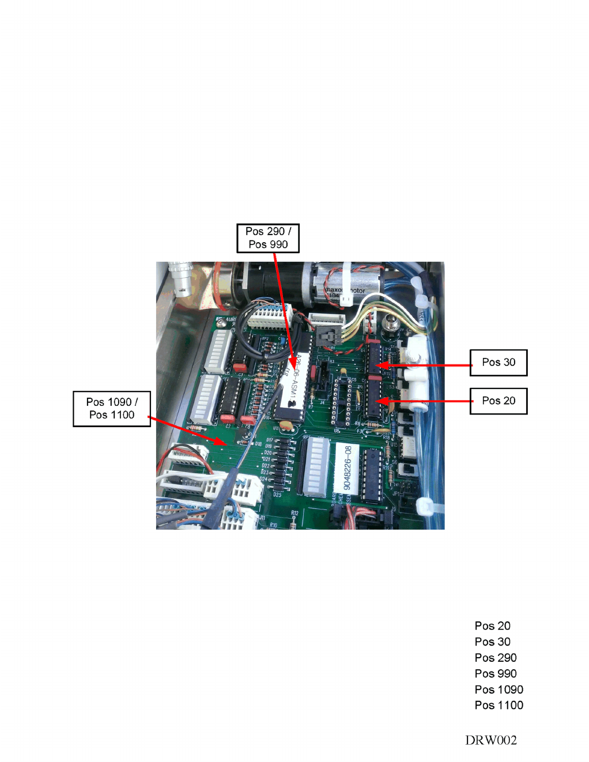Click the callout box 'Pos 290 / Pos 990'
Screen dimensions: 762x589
click(268, 238)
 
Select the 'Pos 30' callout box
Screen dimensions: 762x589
click(499, 363)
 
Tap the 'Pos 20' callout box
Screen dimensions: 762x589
click(499, 401)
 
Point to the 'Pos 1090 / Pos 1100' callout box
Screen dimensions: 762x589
click(112, 409)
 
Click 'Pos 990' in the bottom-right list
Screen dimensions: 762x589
click(496, 673)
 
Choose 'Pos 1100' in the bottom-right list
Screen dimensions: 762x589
click(499, 705)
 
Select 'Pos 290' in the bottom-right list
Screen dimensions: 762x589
click(496, 658)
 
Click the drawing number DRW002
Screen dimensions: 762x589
click(491, 740)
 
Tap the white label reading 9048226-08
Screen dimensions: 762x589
click(347, 468)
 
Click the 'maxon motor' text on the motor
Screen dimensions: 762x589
click(346, 291)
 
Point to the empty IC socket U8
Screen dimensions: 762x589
click(341, 402)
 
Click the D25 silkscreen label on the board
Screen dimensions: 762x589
click(277, 495)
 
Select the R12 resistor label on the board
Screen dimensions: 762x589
click(294, 512)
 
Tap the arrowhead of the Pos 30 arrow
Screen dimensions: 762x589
click(377, 365)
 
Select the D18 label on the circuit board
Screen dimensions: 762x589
click(258, 444)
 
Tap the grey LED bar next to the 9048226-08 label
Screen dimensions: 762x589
click(316, 466)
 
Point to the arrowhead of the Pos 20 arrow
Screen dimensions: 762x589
click(377, 401)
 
